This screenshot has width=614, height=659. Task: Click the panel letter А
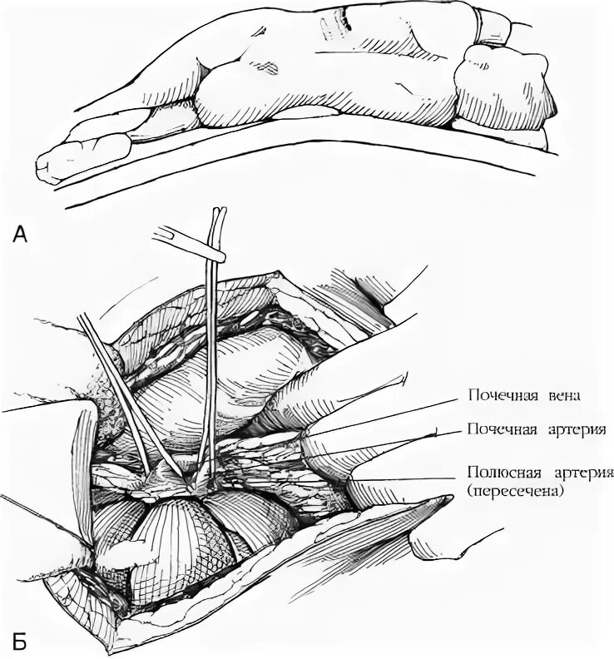pyautogui.click(x=22, y=235)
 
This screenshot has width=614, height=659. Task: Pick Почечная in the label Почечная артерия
pyautogui.click(x=499, y=430)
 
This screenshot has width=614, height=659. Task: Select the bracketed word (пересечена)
pyautogui.click(x=517, y=491)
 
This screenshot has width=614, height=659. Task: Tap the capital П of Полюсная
pyautogui.click(x=473, y=473)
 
